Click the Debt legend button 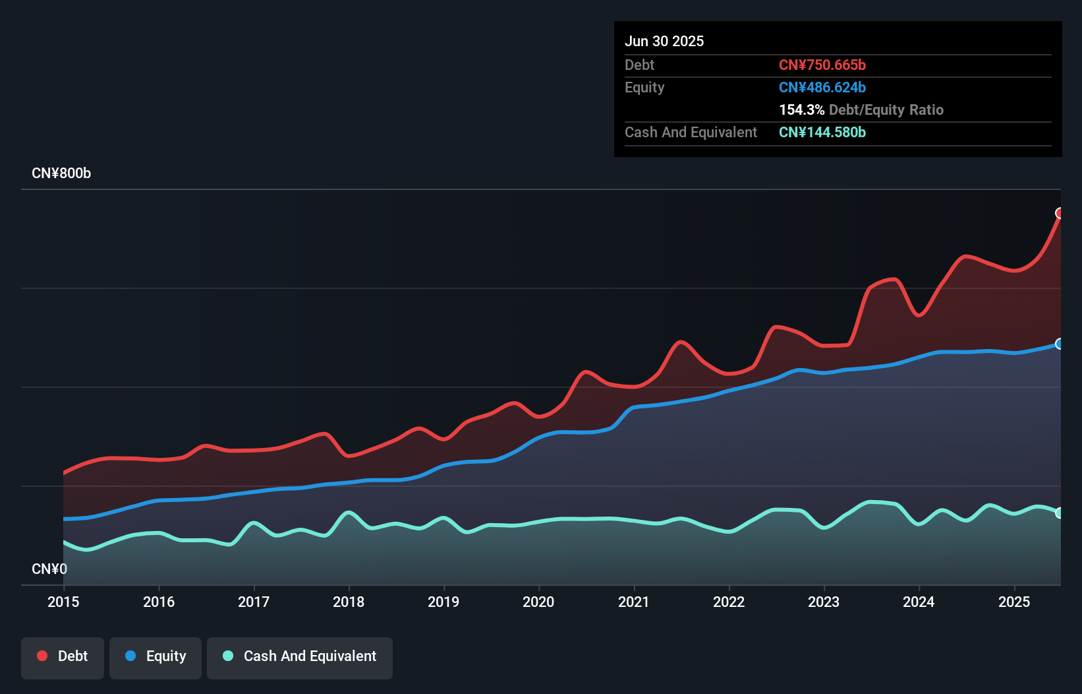pos(63,656)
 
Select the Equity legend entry pos(156,656)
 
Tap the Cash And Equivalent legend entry pos(300,656)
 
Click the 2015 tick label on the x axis pos(63,602)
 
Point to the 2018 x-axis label pos(349,602)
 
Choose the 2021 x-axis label pos(633,602)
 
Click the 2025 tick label pos(1014,602)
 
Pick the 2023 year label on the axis pos(824,602)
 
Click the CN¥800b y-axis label pos(61,173)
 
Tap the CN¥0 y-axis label pos(49,569)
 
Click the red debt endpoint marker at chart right pos(1060,213)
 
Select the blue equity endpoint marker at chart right pos(1060,344)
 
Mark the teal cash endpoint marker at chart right pos(1060,513)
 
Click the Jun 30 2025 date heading pos(664,41)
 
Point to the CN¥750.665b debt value pos(822,65)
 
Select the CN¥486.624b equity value pos(822,88)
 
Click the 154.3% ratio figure pos(801,110)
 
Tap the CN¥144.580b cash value pos(822,133)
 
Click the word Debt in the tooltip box pos(639,65)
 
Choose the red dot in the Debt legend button pos(42,656)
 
